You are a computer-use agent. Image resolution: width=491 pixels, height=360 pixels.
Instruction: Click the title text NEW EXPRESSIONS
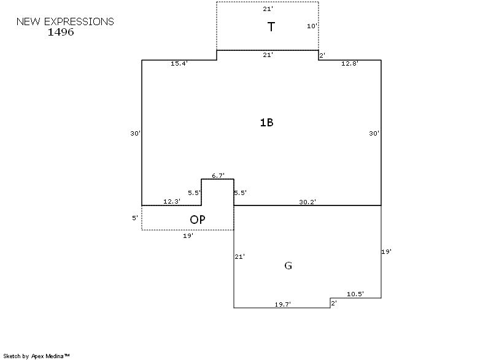[65, 21]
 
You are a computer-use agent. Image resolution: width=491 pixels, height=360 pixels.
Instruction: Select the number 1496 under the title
[61, 32]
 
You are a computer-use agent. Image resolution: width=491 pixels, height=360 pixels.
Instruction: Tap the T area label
[271, 27]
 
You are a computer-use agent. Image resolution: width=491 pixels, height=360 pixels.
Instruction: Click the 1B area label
[266, 122]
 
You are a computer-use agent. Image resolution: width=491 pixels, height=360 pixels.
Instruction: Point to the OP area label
[197, 220]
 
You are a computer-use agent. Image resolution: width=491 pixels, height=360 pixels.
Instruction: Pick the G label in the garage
[288, 266]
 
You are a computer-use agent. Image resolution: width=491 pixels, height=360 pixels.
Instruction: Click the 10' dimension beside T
[312, 26]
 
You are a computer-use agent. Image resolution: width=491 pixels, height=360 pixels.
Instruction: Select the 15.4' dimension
[179, 64]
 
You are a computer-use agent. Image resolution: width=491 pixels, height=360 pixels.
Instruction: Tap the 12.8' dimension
[350, 63]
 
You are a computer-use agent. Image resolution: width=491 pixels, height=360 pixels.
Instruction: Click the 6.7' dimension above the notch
[218, 175]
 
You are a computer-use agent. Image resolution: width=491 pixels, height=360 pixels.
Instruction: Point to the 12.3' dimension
[171, 201]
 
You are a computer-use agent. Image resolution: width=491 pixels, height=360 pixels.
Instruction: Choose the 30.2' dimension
[307, 202]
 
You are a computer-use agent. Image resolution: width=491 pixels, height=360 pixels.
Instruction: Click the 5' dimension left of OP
[135, 218]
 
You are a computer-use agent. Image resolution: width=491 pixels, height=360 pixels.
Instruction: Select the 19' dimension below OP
[188, 235]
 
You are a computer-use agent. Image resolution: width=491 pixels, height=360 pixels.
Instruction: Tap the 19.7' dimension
[283, 304]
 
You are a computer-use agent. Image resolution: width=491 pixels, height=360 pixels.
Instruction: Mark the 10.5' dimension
[355, 294]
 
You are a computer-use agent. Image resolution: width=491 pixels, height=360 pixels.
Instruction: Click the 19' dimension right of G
[386, 251]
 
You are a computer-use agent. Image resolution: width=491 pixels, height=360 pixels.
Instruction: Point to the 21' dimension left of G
[240, 256]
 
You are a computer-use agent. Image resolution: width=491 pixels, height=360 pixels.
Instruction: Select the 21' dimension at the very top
[268, 10]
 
